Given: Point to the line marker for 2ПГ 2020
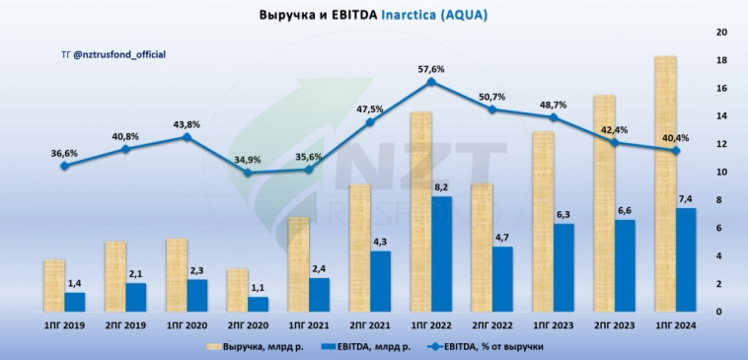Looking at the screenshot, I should click(248, 173).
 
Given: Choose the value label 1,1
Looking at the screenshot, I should click(258, 288).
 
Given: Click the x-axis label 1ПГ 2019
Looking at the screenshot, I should click(64, 324).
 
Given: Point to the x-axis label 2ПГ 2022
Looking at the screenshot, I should click(490, 324).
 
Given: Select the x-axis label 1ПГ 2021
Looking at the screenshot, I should click(308, 324).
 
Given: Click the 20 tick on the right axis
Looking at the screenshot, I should click(721, 33).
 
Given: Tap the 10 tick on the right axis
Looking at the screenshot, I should click(721, 173).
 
